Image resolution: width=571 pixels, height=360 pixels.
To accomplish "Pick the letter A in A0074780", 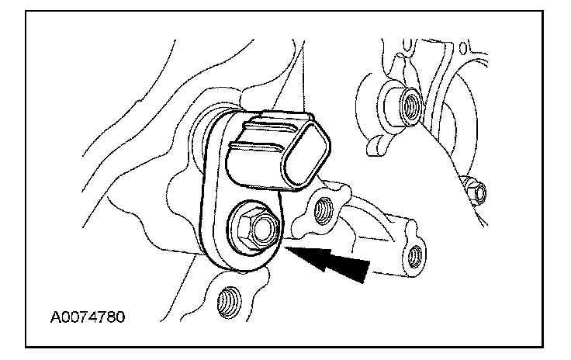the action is tap(56, 317).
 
